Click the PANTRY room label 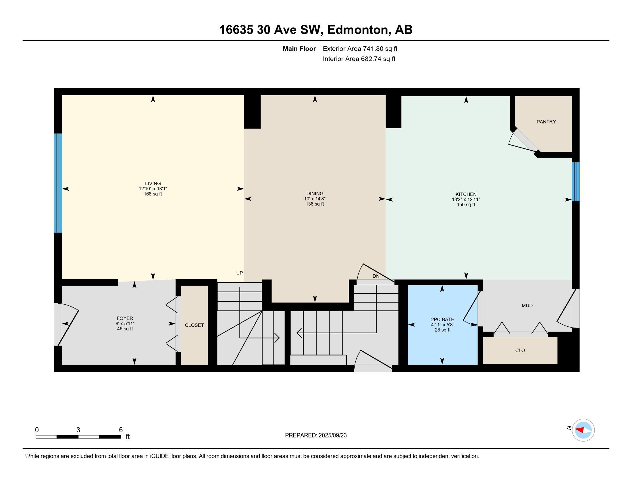[546, 122]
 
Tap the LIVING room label [153, 183]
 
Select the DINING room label [315, 193]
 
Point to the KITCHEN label [466, 194]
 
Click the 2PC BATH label [443, 319]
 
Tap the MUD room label [527, 306]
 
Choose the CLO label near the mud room [520, 350]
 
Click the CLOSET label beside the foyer [194, 325]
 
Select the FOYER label [125, 318]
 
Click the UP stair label [239, 273]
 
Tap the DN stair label [376, 276]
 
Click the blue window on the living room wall [58, 183]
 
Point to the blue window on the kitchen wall [576, 181]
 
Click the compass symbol [583, 430]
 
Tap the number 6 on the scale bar [121, 430]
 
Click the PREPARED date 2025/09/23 [332, 435]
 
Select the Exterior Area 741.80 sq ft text [360, 49]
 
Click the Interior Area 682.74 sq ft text [359, 59]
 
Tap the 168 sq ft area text [153, 194]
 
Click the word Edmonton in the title [358, 30]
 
